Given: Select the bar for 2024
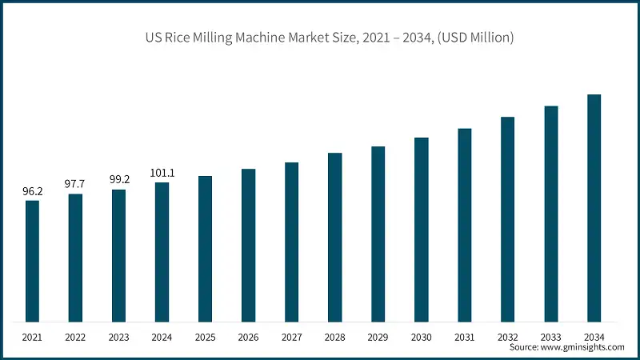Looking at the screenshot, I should (162, 252).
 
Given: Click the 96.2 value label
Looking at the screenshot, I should (32, 192).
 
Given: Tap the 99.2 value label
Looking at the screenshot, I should (118, 180).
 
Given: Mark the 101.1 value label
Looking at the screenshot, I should (162, 173).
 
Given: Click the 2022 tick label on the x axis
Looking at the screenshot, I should (75, 336).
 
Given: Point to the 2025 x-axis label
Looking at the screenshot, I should (205, 336).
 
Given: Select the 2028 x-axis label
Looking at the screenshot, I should (334, 336).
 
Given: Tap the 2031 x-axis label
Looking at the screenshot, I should (464, 336).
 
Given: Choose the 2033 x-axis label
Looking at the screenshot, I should (550, 336).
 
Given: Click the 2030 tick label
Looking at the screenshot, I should (421, 336).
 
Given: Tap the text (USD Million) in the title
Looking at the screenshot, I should (474, 38).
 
